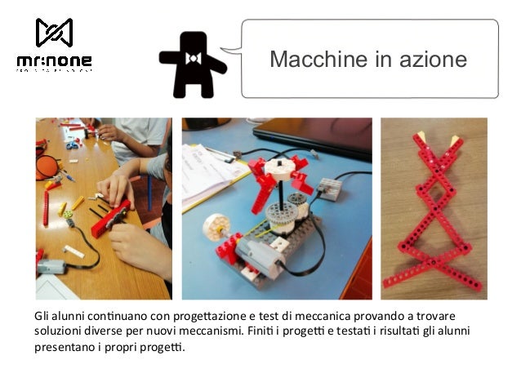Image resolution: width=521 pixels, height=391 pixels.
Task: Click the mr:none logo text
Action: [x=54, y=61]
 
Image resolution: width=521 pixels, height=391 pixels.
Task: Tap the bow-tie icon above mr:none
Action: [x=54, y=33]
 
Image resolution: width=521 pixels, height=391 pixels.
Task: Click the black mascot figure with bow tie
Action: [x=192, y=64]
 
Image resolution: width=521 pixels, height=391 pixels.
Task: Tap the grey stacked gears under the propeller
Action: [x=283, y=215]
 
